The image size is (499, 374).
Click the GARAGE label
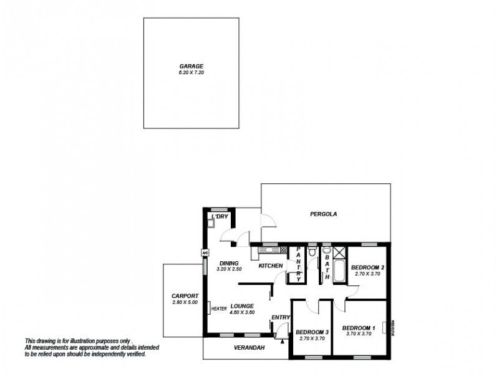191,65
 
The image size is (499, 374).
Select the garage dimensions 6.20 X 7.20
191,72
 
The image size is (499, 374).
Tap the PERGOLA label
323,214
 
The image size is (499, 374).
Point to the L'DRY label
220,216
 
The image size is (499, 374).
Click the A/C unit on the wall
204,252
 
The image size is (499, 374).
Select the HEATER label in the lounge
218,309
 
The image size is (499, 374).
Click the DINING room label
229,263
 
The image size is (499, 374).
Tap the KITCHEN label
271,266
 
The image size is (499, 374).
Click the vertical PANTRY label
299,264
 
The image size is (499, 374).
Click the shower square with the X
339,252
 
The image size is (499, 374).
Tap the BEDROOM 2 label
369,267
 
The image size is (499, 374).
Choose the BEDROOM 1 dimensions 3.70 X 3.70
359,333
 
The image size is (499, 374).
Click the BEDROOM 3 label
312,332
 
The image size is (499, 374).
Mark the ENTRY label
281,318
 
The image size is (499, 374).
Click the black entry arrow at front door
283,340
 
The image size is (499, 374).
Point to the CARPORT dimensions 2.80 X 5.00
184,302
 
